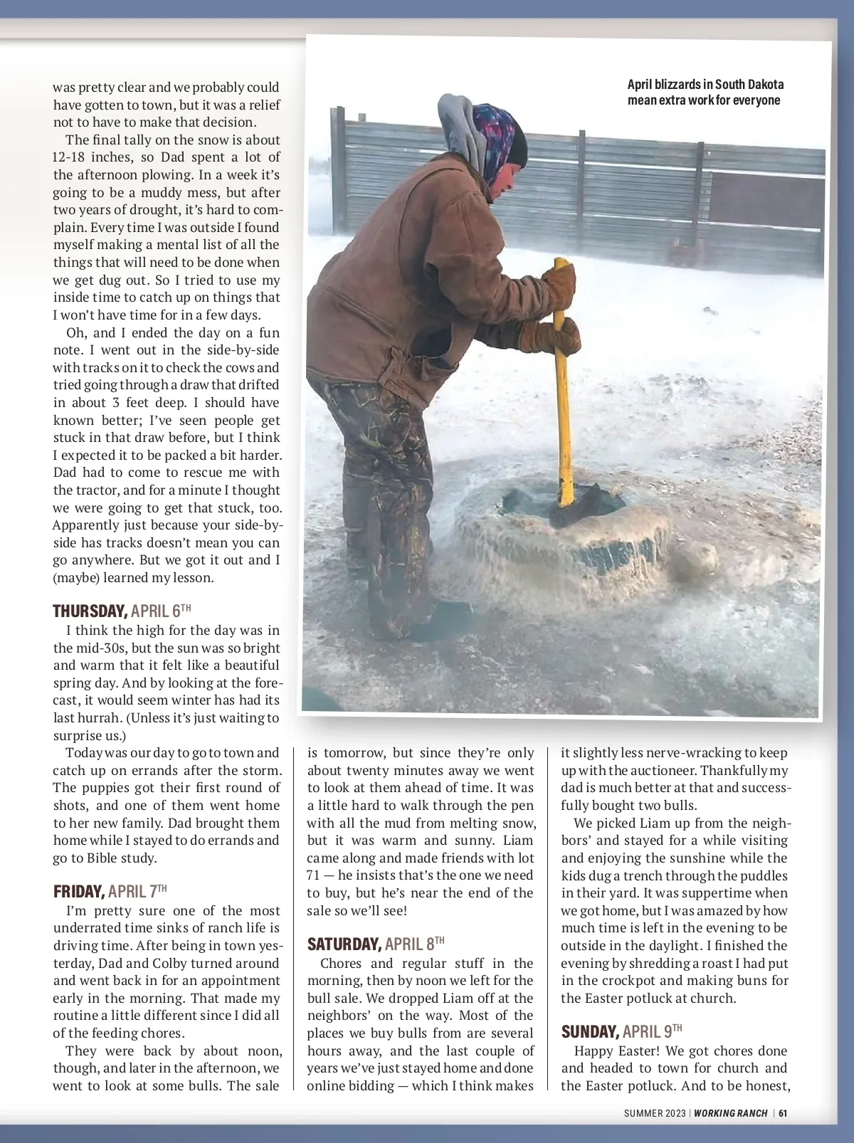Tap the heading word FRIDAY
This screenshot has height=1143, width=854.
[x=79, y=891]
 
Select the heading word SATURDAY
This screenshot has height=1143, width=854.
[x=344, y=944]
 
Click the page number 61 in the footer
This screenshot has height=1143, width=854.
[x=783, y=1113]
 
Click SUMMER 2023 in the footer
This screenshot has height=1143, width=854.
[x=655, y=1113]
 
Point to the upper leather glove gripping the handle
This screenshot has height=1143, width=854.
[x=561, y=284]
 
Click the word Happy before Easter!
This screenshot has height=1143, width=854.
[x=594, y=1050]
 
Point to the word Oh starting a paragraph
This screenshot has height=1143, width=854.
[x=76, y=333]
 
